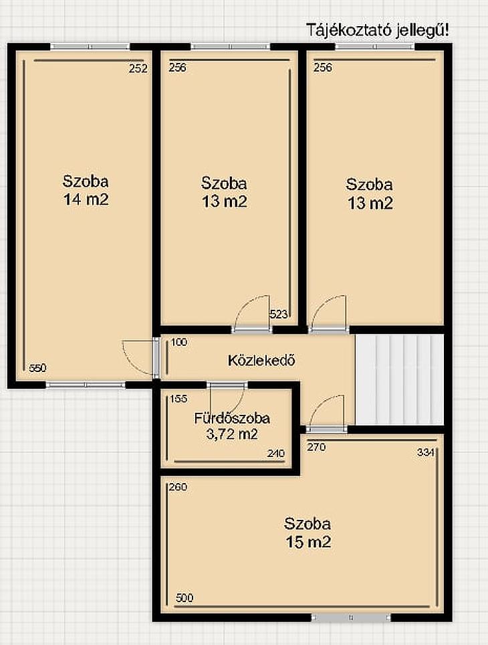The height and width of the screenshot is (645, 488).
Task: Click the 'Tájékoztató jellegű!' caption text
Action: [378, 30]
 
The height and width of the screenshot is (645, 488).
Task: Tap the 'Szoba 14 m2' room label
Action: [86, 191]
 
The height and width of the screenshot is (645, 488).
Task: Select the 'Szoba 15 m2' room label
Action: [308, 533]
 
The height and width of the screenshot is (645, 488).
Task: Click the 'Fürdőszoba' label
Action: [232, 418]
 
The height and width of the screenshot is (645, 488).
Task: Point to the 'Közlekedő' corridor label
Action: [261, 361]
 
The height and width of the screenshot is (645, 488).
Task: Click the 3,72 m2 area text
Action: [232, 434]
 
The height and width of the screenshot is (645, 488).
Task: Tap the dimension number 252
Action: [138, 68]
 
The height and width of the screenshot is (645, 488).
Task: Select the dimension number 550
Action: [38, 368]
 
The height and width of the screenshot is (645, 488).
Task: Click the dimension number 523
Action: [279, 314]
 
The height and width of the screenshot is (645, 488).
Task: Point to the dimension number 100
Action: [179, 343]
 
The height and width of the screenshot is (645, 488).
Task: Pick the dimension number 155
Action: [178, 399]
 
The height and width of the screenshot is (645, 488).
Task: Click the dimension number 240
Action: [276, 454]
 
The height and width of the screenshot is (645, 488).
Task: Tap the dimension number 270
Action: [317, 447]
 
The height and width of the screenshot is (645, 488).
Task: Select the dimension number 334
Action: [426, 452]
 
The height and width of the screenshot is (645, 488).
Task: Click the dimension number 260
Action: [178, 487]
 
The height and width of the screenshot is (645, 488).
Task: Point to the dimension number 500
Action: [185, 597]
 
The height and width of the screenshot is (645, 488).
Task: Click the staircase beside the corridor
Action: [400, 379]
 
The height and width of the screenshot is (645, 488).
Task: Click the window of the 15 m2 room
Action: [351, 618]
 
